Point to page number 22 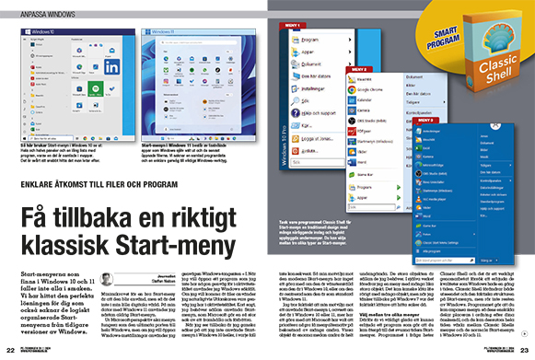8,350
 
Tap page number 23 526,350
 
